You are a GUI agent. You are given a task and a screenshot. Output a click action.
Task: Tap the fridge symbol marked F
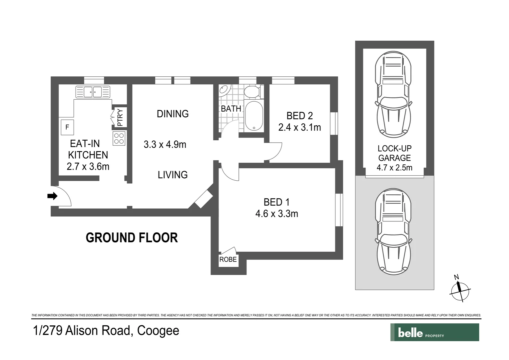tap(67, 127)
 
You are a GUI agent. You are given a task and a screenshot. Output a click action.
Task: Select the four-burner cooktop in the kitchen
tap(119, 138)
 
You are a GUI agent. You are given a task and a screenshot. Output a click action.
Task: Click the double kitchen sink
tap(93, 92)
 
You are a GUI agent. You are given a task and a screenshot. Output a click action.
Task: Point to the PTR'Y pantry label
tap(120, 118)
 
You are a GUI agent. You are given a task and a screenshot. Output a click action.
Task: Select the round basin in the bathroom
tap(225, 90)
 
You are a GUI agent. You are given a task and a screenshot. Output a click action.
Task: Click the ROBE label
tap(228, 259)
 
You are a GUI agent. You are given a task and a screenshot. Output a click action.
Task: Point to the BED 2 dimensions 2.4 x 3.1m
tap(299, 127)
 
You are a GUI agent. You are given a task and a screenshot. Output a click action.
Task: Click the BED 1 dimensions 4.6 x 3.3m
tap(276, 214)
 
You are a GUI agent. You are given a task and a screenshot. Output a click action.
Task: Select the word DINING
tap(173, 114)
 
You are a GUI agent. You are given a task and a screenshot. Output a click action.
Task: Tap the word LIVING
tap(173, 175)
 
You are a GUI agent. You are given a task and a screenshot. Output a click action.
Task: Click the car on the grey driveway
tap(393, 231)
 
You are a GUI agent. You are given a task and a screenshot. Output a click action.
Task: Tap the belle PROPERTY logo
tap(434, 332)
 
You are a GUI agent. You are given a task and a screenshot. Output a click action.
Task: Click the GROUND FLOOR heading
tap(132, 238)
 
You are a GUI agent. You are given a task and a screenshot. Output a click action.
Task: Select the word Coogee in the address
tap(158, 331)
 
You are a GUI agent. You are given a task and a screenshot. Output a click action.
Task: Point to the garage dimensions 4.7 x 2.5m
tap(394, 168)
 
